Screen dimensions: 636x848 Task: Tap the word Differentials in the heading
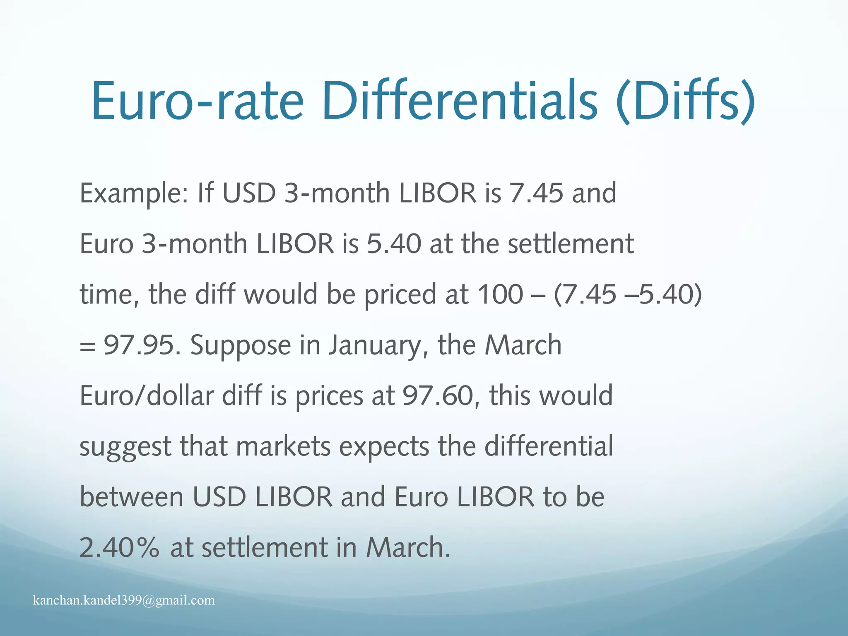pyautogui.click(x=460, y=101)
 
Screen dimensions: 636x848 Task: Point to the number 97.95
pyautogui.click(x=139, y=345)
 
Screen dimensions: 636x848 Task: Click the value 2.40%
pyautogui.click(x=119, y=547)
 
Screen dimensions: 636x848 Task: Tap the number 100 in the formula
pyautogui.click(x=500, y=294)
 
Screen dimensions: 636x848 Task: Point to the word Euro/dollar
pyautogui.click(x=147, y=395)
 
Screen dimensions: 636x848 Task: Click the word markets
pyautogui.click(x=284, y=447)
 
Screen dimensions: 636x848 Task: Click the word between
pyautogui.click(x=131, y=497)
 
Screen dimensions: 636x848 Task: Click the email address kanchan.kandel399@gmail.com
pyautogui.click(x=124, y=600)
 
